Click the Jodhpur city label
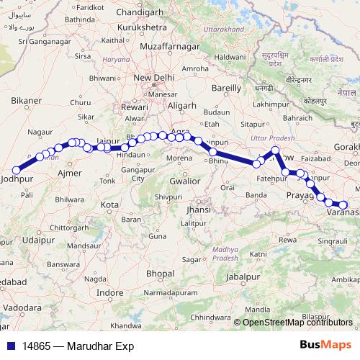pos(17,177)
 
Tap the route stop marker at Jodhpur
pos(16,170)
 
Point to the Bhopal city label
pos(159,274)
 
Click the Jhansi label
pos(197,209)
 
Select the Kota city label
pos(109,204)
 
